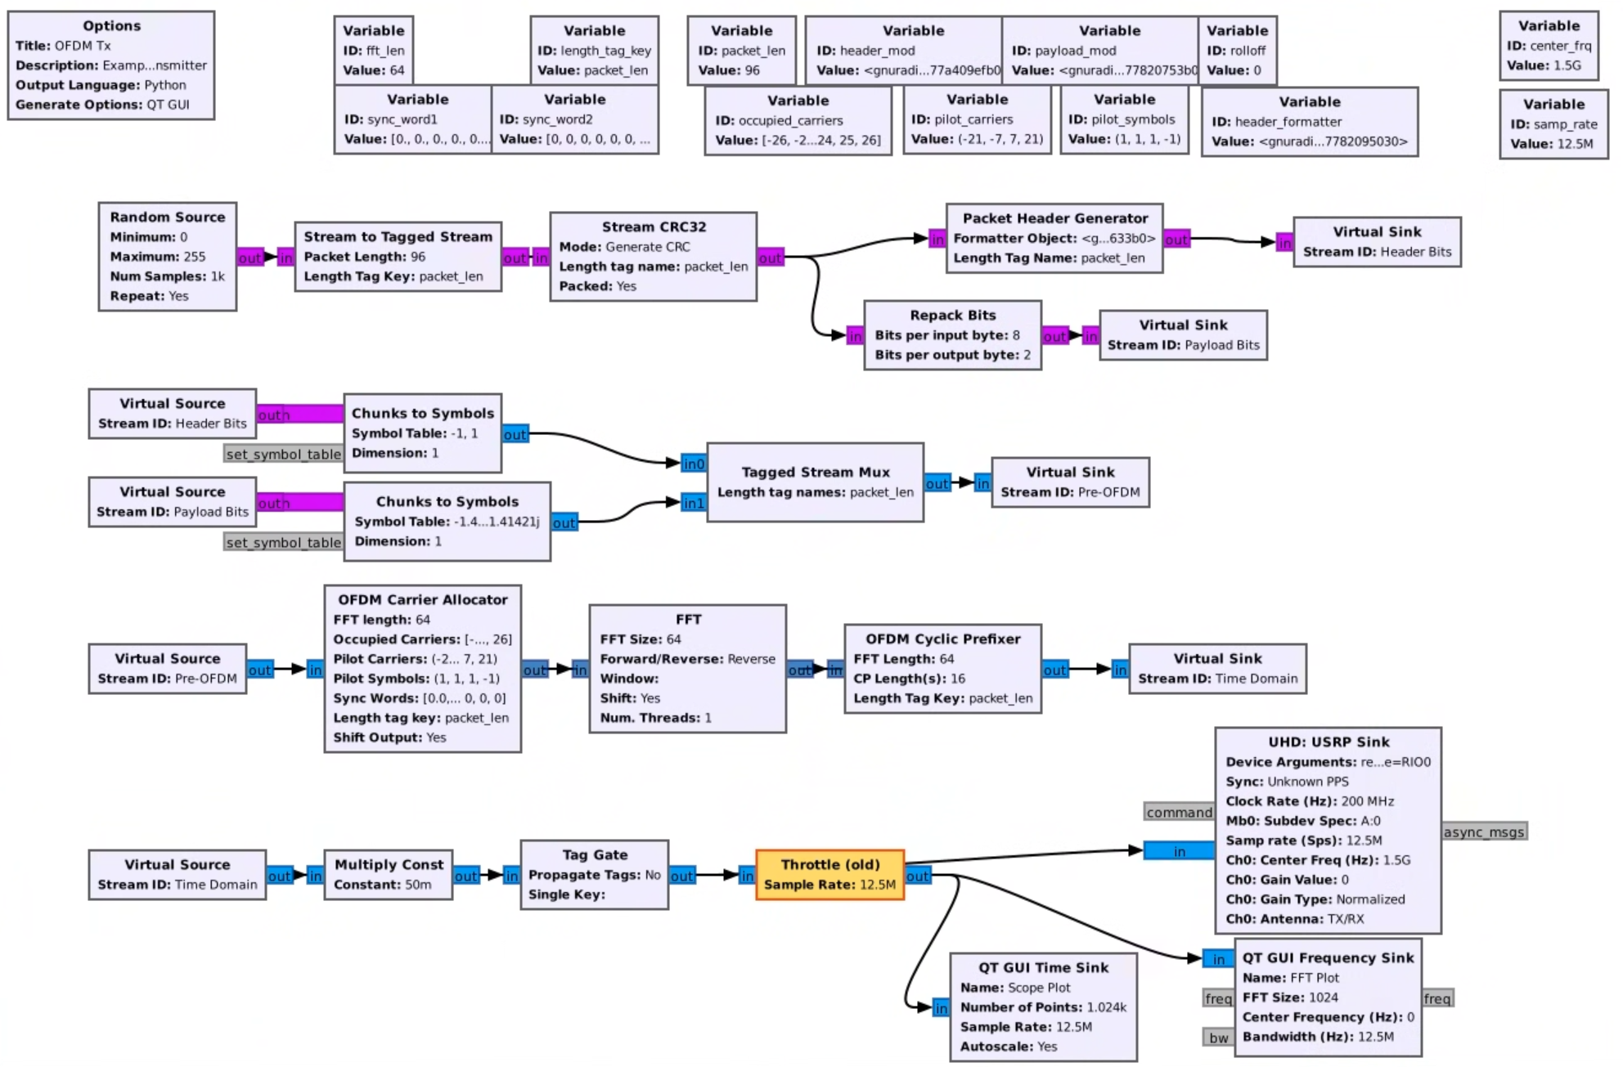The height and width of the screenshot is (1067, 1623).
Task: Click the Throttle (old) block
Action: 829,874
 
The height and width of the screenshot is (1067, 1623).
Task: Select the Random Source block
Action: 168,256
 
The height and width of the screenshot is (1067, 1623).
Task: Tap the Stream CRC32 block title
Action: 653,226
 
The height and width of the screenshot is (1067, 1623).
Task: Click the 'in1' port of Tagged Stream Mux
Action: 693,503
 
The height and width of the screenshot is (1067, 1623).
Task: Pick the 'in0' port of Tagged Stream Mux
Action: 693,464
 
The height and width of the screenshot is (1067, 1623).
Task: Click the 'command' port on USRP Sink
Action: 1178,812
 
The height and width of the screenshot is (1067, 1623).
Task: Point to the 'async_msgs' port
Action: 1483,832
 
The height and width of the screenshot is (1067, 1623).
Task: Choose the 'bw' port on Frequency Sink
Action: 1218,1038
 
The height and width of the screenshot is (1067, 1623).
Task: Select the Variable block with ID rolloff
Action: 1237,50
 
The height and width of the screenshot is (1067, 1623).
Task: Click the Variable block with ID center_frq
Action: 1549,46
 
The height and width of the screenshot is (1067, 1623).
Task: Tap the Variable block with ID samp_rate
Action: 1553,123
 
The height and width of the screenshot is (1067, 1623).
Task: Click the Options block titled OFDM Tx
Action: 111,65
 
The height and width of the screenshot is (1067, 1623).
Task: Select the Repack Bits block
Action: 952,335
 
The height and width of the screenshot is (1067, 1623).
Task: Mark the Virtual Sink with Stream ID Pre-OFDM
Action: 1070,482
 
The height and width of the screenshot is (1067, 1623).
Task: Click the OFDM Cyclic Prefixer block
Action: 942,669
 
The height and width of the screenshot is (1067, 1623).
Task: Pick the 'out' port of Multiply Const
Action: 465,876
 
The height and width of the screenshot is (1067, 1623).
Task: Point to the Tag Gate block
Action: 594,874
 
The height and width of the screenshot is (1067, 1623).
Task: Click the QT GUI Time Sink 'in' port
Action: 941,1008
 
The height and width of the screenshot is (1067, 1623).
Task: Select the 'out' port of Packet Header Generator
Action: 1176,239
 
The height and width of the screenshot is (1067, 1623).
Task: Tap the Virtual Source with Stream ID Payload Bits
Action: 172,502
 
